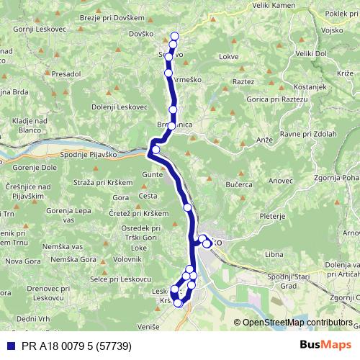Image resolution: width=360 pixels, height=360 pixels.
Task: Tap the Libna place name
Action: coord(274,255)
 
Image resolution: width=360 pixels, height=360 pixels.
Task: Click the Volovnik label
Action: coord(127,258)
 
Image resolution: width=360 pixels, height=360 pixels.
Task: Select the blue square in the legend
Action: coord(9,346)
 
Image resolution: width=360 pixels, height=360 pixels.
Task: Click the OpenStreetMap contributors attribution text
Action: coord(297,323)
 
